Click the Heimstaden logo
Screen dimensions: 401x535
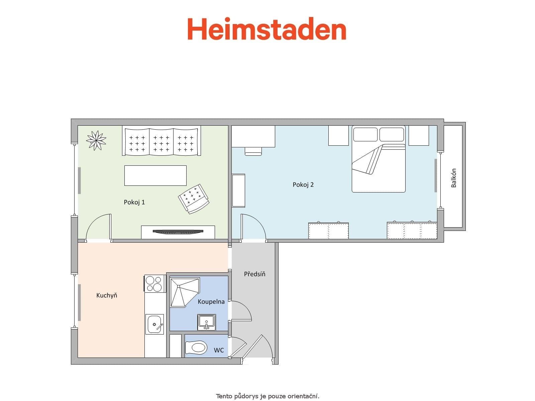point(266,29)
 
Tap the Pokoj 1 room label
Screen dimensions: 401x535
point(134,202)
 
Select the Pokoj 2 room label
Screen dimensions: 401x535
point(303,184)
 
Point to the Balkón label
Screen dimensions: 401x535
point(453,178)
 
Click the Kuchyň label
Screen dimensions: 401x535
point(107,295)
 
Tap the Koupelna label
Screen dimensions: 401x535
point(211,302)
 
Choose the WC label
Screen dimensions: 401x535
point(219,350)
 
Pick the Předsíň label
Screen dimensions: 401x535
point(254,274)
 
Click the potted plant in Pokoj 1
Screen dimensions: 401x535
point(96,140)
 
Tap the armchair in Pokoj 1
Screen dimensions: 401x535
point(194,198)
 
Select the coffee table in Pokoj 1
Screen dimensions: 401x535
point(155,175)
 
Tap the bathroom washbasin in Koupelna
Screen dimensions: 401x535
point(206,322)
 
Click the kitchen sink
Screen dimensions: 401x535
point(154,324)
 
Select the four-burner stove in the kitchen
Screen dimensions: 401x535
point(154,283)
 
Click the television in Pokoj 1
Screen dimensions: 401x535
point(178,231)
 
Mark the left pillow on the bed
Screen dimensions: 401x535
point(365,134)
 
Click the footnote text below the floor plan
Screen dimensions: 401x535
point(267,396)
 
